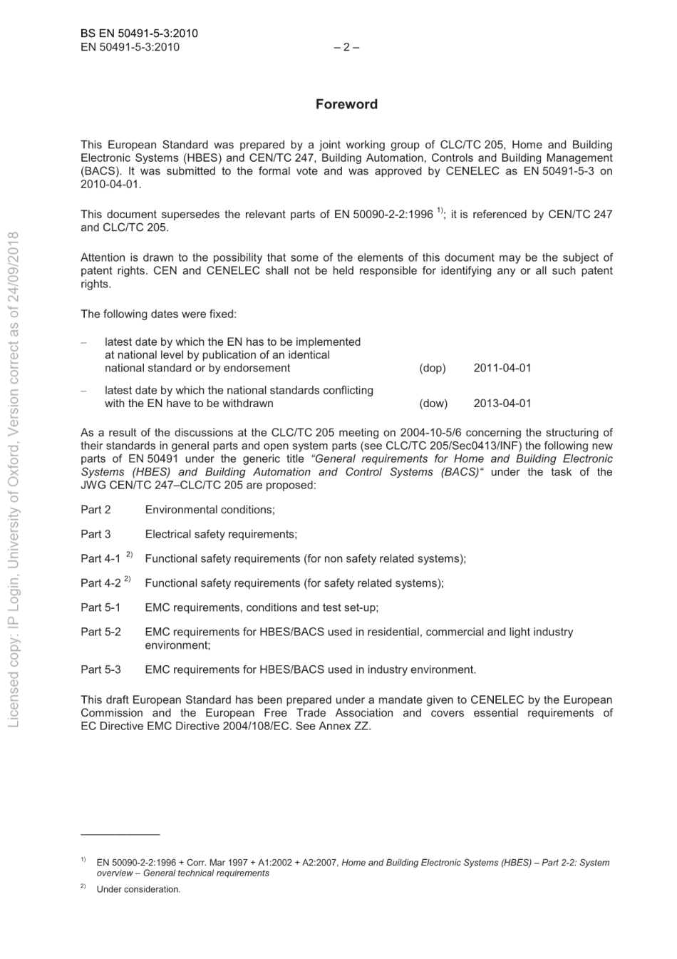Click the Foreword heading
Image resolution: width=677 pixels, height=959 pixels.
click(x=346, y=104)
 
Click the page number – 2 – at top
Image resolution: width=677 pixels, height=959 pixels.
click(x=346, y=47)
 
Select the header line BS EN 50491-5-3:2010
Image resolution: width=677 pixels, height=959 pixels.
click(x=139, y=34)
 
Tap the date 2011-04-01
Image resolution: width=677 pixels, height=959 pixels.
click(x=502, y=368)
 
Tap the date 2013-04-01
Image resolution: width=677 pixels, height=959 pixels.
click(x=502, y=403)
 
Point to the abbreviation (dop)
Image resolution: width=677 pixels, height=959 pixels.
click(x=432, y=368)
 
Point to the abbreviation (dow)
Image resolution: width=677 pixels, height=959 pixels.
click(x=433, y=403)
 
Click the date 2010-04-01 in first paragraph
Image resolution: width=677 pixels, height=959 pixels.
click(x=110, y=184)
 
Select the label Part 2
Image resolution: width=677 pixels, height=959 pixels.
click(x=95, y=510)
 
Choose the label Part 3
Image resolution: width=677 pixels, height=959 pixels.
click(x=95, y=534)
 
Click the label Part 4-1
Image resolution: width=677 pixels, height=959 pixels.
click(x=100, y=559)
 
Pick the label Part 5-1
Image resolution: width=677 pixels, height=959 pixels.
click(x=100, y=607)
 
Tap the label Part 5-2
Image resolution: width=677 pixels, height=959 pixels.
click(x=100, y=632)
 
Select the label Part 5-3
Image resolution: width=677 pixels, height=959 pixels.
click(x=100, y=670)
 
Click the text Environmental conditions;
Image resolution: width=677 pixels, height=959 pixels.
click(x=210, y=510)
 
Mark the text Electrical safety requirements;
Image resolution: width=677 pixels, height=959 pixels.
click(x=221, y=534)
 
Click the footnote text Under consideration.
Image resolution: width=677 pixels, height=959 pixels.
click(x=138, y=889)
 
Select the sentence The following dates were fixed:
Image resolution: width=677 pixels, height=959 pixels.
click(x=158, y=314)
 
